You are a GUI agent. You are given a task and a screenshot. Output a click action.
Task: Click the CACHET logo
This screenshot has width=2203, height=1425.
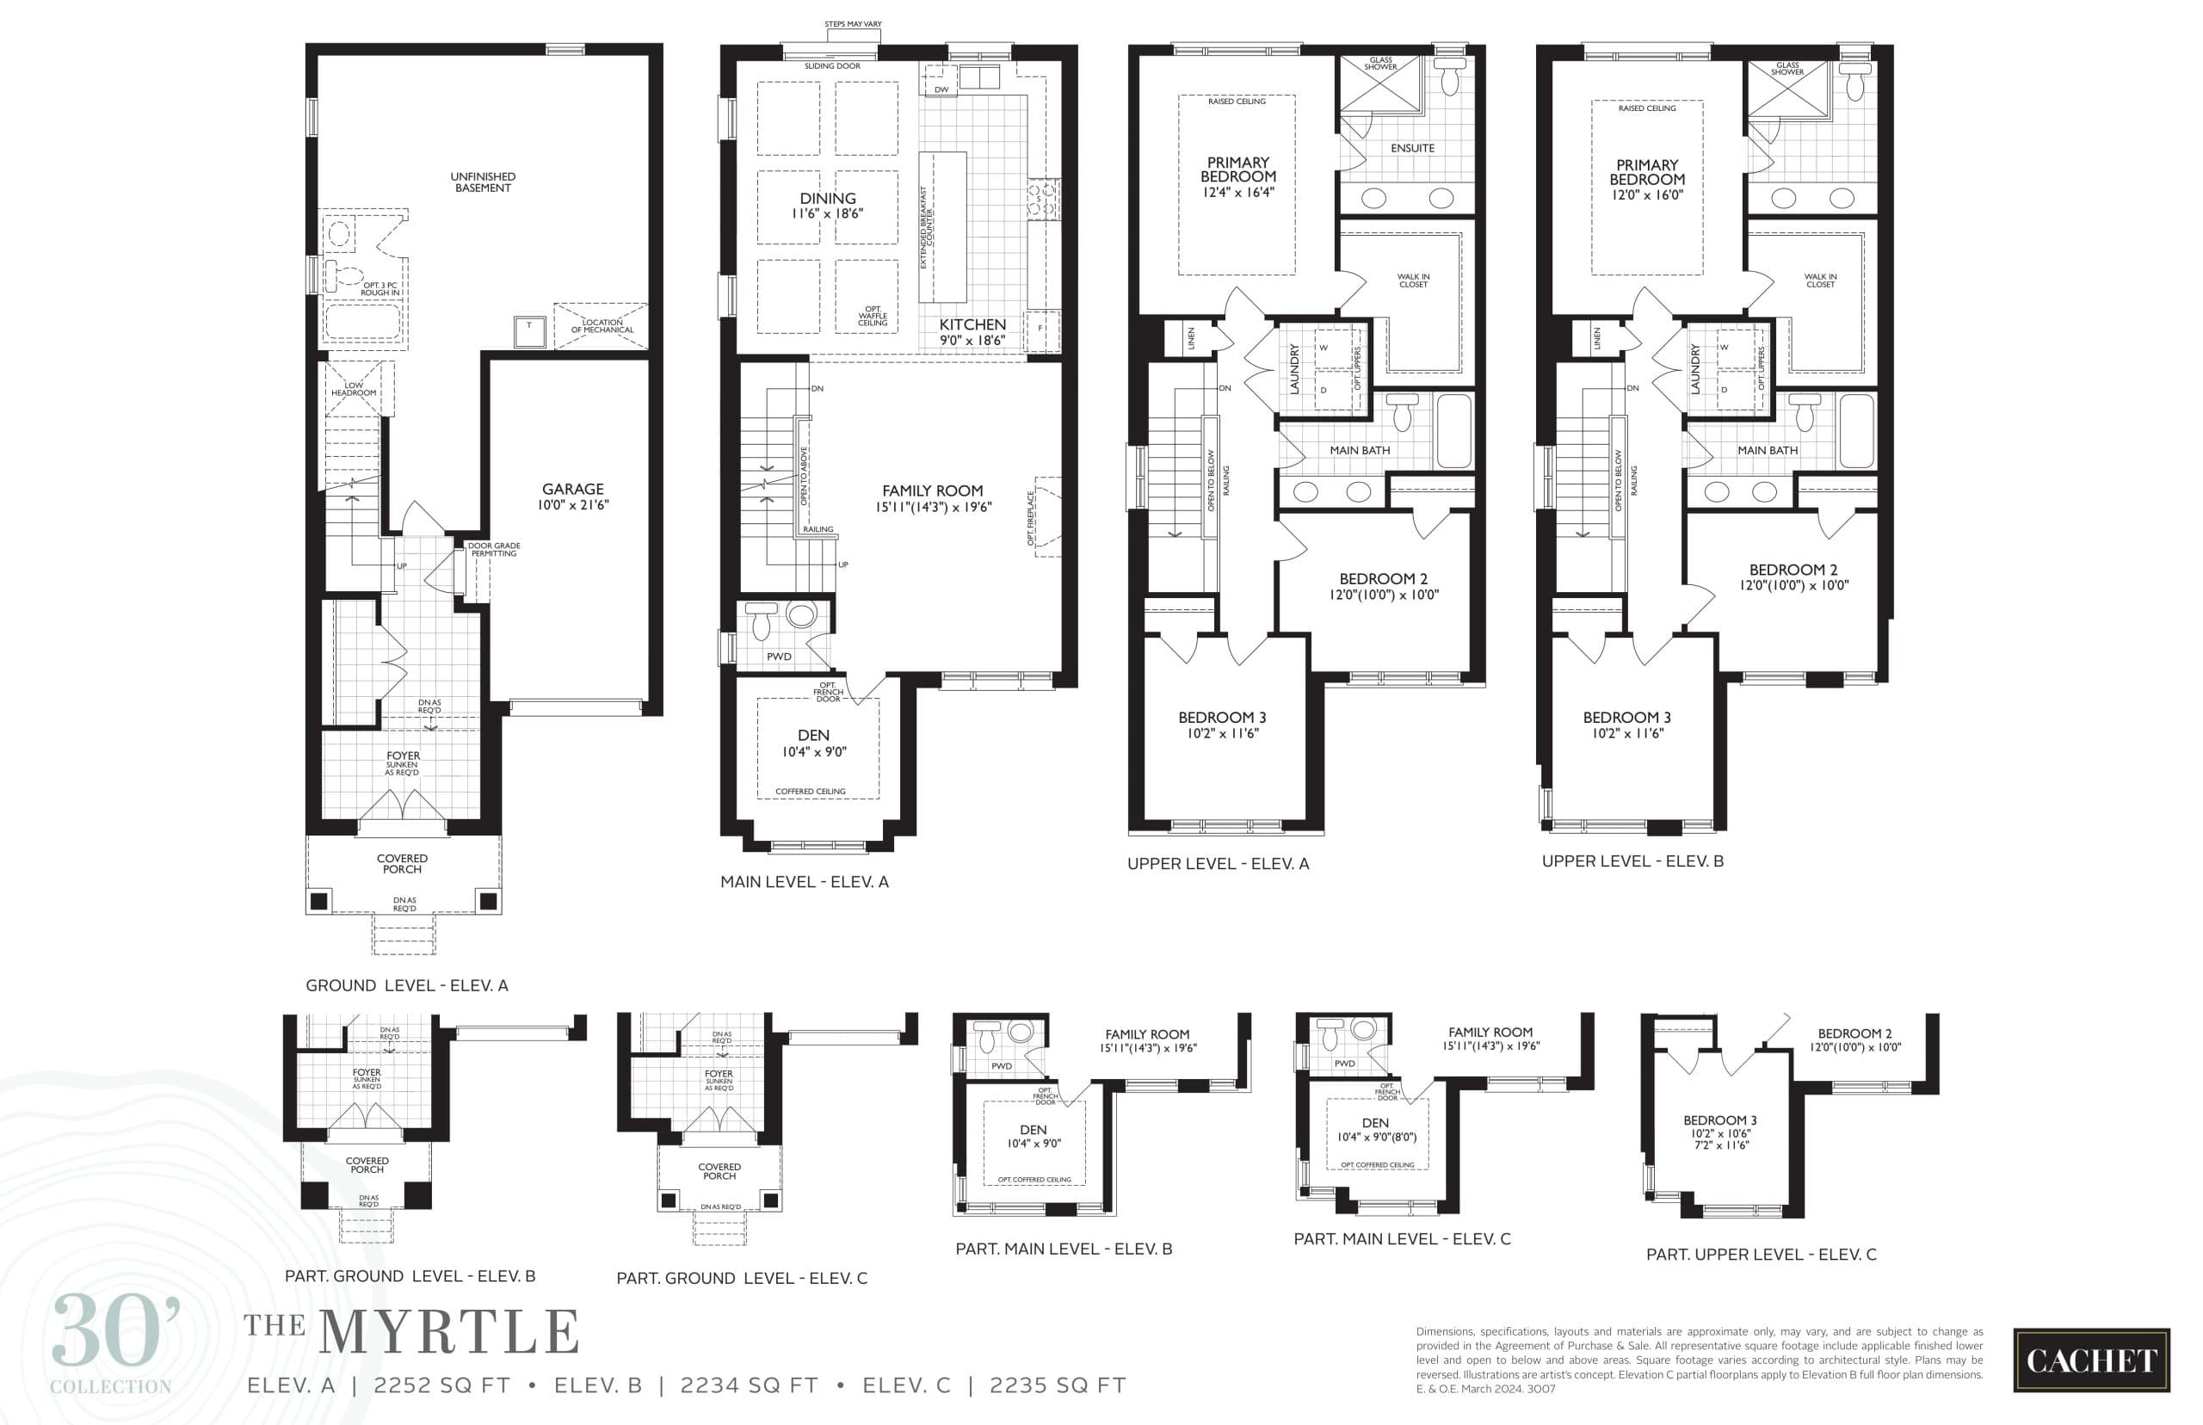coord(2090,1360)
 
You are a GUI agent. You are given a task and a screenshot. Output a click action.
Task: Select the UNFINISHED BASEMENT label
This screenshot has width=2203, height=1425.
coord(483,182)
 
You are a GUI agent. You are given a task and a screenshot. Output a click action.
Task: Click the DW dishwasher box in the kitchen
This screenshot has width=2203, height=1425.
coord(941,89)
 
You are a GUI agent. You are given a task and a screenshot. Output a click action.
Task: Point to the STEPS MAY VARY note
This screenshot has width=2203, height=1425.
coord(852,24)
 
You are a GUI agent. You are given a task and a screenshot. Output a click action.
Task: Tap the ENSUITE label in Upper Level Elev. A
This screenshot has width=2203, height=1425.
coord(1412,148)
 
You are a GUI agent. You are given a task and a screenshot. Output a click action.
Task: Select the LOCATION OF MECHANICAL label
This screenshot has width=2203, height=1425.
coord(602,326)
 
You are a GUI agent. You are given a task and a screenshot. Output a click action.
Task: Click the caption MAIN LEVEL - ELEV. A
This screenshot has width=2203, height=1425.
coord(804,882)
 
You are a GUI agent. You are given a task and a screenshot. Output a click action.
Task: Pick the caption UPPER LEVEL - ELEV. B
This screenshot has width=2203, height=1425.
coord(1632,861)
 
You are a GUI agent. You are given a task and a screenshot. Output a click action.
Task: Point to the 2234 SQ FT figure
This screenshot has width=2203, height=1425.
coord(749,1385)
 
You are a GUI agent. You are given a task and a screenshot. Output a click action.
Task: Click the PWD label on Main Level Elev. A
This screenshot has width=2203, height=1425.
coord(779,656)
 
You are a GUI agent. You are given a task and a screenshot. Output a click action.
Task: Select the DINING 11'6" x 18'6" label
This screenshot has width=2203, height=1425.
coord(827,206)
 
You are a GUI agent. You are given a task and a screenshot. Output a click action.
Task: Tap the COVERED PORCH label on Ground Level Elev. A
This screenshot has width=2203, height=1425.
coord(403,863)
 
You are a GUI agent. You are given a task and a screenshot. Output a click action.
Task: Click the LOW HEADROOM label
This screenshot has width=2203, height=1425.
coord(354,389)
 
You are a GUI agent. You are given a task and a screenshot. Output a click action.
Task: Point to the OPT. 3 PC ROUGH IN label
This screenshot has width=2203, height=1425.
coord(380,289)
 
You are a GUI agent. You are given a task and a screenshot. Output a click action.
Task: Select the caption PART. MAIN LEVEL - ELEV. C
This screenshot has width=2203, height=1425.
coord(1402,1239)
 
